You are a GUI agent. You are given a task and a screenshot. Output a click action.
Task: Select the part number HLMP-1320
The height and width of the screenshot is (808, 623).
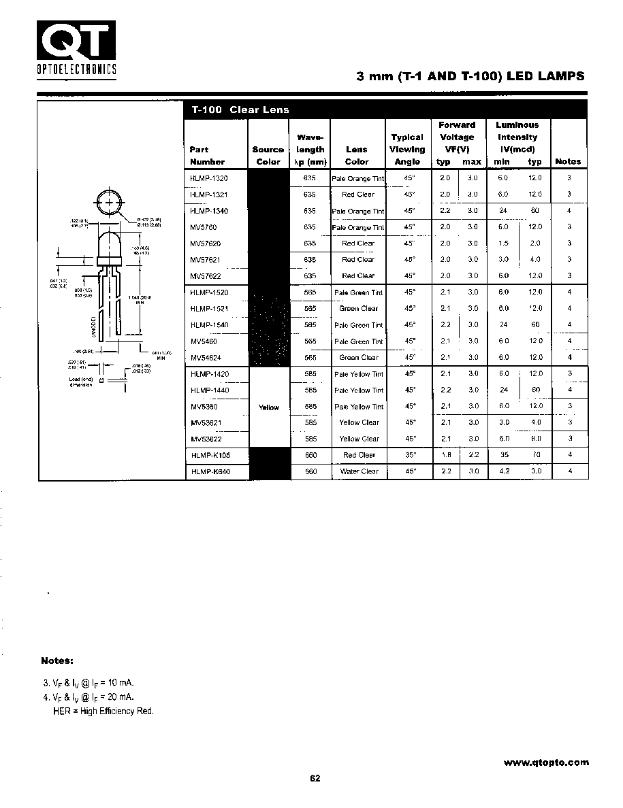(209, 178)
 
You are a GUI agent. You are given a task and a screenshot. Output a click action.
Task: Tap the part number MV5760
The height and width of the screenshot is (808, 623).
(204, 227)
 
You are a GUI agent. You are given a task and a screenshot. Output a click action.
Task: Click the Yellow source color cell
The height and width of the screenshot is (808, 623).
(269, 407)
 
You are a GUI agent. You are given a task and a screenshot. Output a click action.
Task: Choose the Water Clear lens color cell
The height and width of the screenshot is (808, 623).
(359, 471)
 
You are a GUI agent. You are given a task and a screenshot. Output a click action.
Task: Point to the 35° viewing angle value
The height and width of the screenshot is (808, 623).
(409, 455)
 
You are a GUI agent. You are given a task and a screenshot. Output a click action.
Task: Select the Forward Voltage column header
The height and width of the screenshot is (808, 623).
(458, 137)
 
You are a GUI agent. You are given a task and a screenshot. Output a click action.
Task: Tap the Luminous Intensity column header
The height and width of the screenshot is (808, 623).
(517, 137)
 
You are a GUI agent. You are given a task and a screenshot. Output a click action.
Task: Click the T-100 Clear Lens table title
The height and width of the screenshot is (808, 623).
(240, 110)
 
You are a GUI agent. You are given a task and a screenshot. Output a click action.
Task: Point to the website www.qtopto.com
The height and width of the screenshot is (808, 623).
(546, 762)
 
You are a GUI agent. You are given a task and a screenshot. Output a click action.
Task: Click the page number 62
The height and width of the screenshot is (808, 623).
(315, 779)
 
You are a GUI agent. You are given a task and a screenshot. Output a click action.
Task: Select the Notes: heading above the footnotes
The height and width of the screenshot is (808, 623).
(57, 660)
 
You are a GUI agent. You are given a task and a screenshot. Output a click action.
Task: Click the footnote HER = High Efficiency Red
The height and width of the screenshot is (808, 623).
(103, 711)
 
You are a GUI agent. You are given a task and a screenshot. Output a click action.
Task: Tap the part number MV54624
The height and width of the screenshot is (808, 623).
(206, 358)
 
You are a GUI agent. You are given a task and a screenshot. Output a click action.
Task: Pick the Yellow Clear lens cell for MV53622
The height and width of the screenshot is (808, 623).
(359, 439)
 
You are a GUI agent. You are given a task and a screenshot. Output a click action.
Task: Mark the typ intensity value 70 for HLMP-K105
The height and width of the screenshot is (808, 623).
(535, 455)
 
